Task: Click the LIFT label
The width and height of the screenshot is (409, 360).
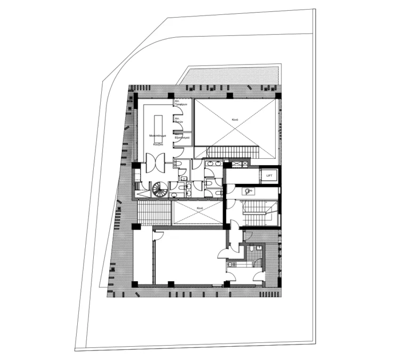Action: (269, 175)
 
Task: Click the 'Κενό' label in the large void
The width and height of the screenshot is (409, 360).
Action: (234, 121)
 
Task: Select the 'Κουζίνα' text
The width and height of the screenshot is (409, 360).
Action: (158, 144)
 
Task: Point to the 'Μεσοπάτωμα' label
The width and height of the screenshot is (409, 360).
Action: (158, 136)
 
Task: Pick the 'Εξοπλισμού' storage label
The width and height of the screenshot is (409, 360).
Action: (183, 137)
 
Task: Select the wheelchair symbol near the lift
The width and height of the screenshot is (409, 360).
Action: (248, 191)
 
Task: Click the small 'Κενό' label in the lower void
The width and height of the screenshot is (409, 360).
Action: (200, 208)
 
